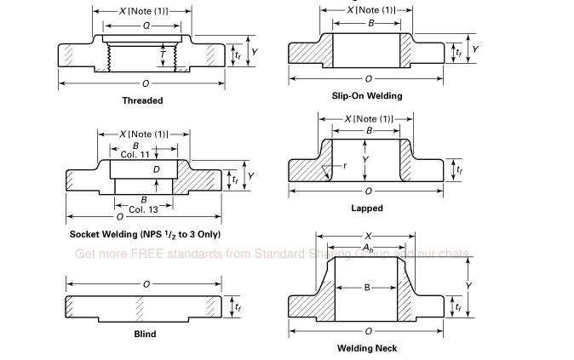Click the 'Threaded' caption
point(142,100)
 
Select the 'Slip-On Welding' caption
point(367,95)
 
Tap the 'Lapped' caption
point(367,208)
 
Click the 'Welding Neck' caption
point(367,347)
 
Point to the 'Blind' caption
point(145,334)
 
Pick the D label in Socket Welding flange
point(157,169)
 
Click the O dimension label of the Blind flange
point(146,283)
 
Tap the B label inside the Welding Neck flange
point(367,288)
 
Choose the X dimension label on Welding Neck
point(367,236)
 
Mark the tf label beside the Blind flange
point(238,307)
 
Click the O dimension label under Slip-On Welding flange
point(368,78)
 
